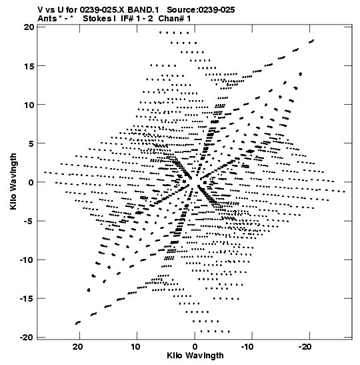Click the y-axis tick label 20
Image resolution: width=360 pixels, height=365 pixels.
[x=29, y=27]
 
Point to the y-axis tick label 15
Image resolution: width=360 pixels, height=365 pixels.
[x=29, y=66]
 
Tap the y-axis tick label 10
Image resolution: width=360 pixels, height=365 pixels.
[x=29, y=105]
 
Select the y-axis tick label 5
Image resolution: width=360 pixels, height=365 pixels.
[x=31, y=143]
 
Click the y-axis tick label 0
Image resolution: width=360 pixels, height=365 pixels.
[x=31, y=182]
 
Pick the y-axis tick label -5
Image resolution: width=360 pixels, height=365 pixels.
[x=29, y=221]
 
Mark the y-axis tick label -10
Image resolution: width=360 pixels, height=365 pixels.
[x=27, y=260]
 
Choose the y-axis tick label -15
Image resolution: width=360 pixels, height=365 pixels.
[x=27, y=299]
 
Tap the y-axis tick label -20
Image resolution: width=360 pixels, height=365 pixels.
[x=27, y=337]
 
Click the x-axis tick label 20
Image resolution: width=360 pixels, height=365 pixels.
[x=78, y=347]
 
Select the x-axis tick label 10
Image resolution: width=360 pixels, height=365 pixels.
[x=135, y=347]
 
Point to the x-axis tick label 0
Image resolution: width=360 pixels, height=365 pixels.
[x=195, y=347]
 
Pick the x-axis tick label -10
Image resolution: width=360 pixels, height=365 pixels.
[x=247, y=347]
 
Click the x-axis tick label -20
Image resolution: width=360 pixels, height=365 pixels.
[x=305, y=347]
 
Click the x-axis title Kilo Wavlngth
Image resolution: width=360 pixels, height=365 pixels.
[x=195, y=356]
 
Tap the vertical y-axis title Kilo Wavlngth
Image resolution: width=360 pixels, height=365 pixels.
[x=13, y=181]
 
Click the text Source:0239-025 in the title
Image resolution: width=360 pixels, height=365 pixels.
[x=201, y=10]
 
